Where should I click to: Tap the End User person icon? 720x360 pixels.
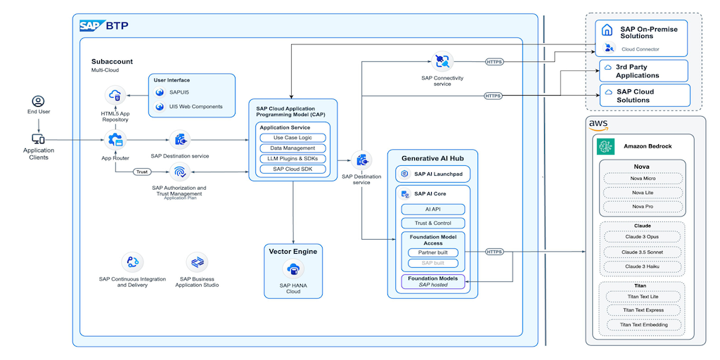(x=38, y=101)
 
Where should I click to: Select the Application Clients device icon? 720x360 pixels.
(x=38, y=139)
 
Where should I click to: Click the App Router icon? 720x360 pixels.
(x=114, y=140)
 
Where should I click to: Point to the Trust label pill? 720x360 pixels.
(x=142, y=171)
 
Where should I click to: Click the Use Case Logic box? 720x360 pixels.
(x=292, y=138)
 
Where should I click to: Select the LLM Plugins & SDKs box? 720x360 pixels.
(x=292, y=158)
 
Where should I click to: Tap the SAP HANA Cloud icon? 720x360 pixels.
(x=292, y=269)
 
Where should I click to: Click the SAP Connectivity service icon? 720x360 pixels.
(x=442, y=61)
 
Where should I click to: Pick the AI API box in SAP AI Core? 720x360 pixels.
(x=432, y=210)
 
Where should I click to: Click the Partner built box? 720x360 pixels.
(x=432, y=252)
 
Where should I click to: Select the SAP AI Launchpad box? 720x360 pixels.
(x=432, y=173)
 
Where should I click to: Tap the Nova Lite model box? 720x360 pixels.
(x=643, y=192)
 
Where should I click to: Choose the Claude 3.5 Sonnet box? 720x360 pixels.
(x=643, y=252)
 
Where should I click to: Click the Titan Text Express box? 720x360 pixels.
(x=643, y=310)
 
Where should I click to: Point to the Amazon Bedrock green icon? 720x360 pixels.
(x=605, y=146)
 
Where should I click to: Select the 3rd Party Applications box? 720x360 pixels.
(x=643, y=71)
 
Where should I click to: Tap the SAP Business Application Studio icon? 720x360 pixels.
(x=198, y=262)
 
